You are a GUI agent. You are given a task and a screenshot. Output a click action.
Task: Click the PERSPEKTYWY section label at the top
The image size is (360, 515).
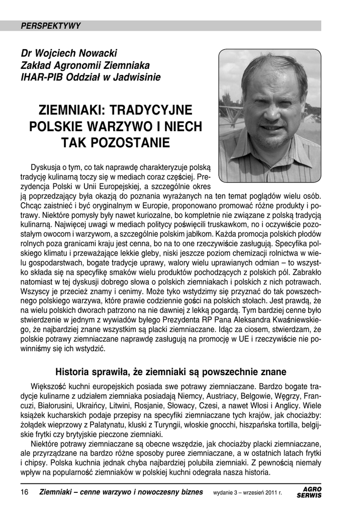click(51, 26)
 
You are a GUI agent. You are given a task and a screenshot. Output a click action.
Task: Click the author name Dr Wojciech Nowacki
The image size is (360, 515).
click(68, 53)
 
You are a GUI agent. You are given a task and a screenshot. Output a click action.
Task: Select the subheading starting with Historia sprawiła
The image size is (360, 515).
click(170, 372)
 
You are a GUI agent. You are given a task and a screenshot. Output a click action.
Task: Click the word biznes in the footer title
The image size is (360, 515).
click(190, 492)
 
